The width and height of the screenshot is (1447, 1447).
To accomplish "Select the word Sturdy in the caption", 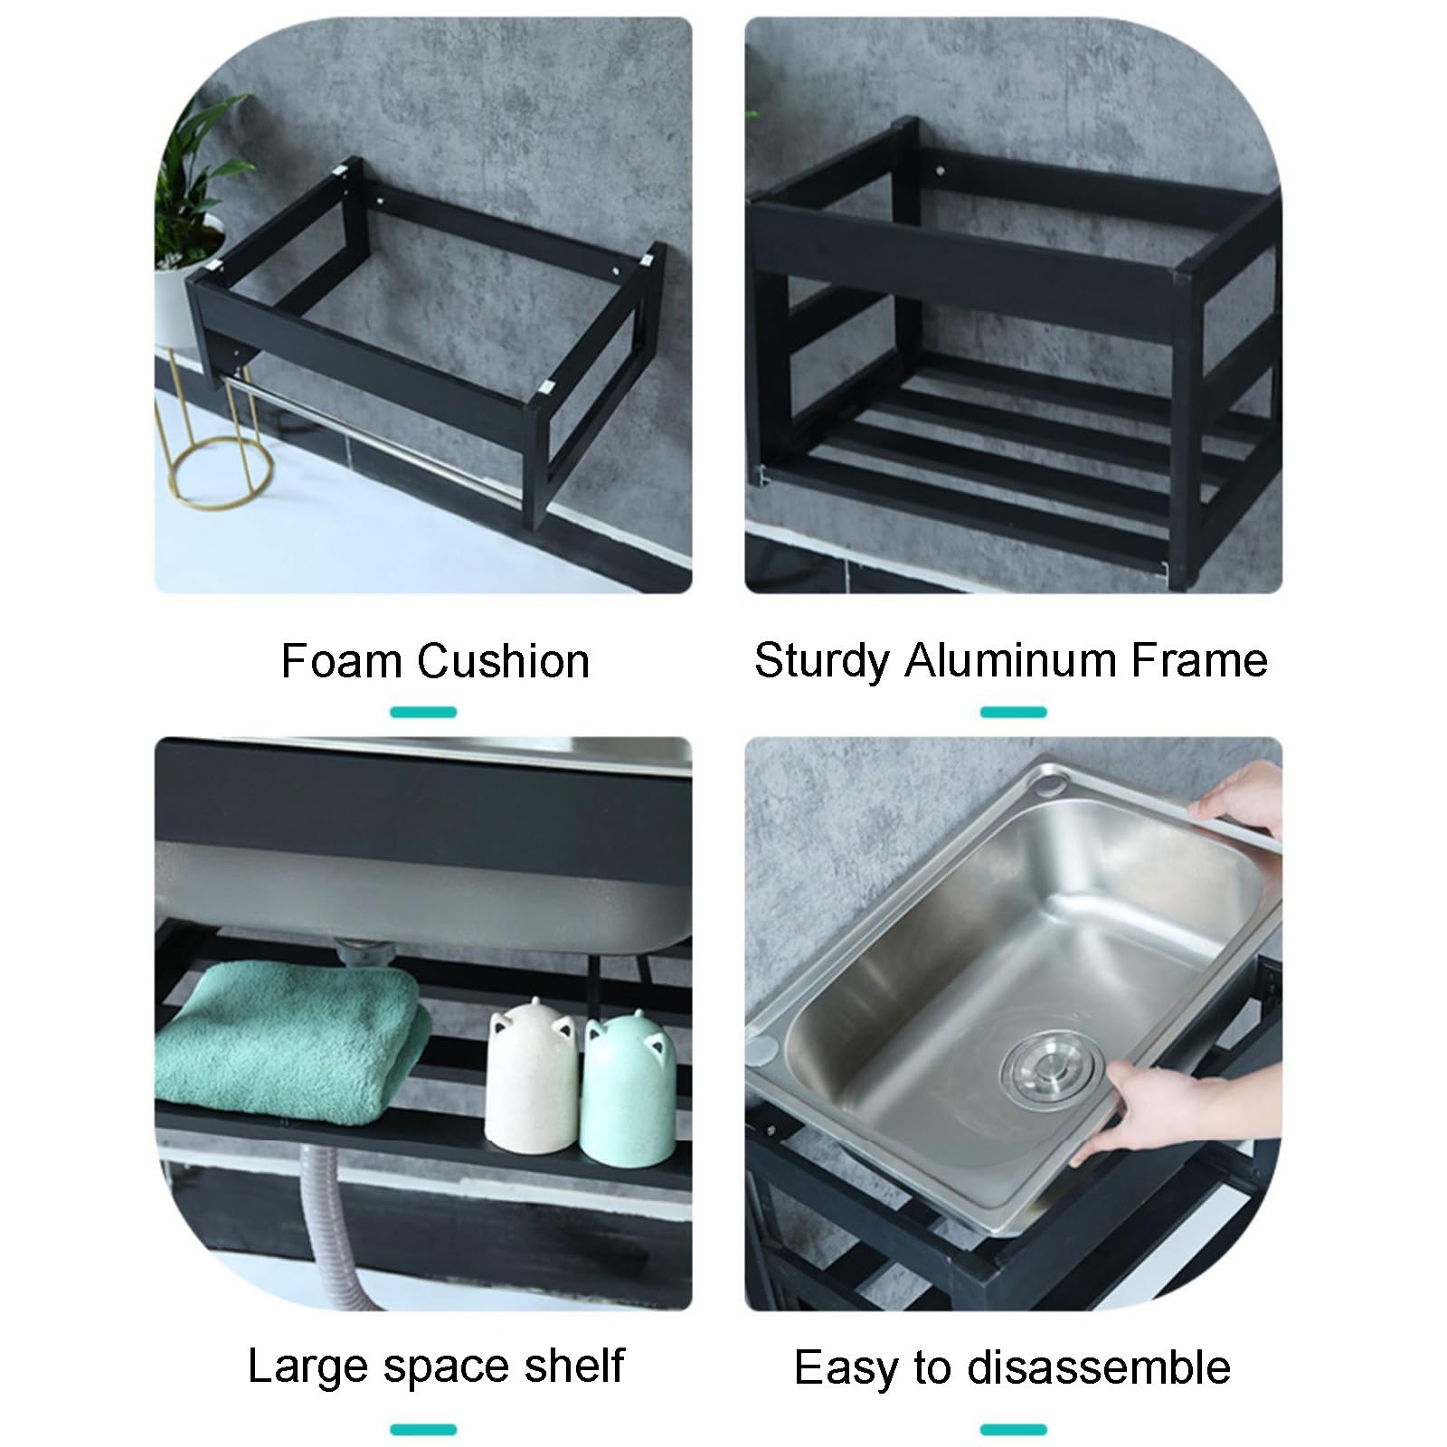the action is point(822,661).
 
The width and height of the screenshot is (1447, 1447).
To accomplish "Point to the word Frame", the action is point(1187,661).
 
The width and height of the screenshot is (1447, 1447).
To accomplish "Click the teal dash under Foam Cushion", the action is point(423,712).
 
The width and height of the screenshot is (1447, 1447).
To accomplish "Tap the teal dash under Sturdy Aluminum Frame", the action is point(1013,712).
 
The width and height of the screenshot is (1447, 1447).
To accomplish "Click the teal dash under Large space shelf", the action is point(423,1430).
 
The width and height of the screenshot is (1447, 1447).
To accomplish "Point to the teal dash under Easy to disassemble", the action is point(1013,1430).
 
